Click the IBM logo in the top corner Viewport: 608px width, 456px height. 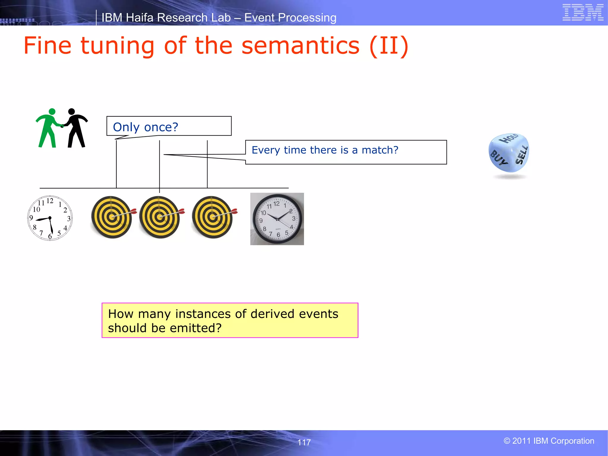583,12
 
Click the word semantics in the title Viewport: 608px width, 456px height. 300,46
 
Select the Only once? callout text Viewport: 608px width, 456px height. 145,127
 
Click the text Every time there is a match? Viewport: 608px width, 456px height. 325,150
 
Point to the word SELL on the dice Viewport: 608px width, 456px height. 521,155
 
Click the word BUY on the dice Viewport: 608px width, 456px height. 498,158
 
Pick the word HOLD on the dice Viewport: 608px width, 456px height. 509,138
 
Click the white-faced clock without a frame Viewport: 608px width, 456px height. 50,218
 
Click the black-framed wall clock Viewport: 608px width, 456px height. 277,219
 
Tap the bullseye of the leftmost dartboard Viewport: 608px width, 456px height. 112,217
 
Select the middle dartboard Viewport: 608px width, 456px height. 160,217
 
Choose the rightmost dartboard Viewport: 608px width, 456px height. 213,217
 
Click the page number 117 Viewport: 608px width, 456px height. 304,442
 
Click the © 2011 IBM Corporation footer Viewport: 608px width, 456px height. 549,441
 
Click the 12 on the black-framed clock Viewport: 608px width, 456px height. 276,204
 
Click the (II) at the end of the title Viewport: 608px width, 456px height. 389,46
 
